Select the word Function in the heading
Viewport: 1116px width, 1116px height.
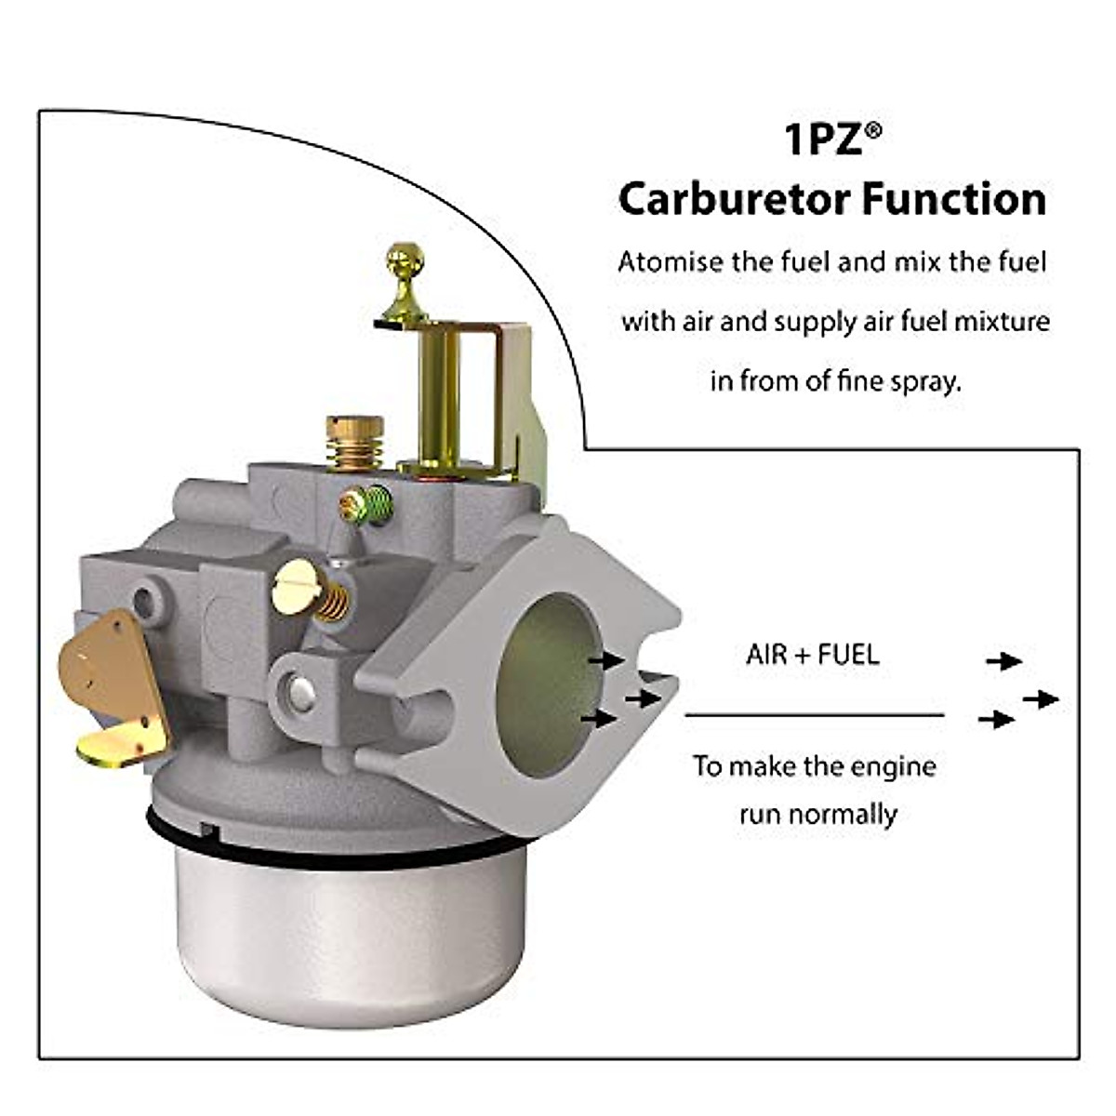(950, 199)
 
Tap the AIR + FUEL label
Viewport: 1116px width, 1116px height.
(812, 655)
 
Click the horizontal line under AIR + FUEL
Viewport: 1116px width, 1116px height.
(815, 715)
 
